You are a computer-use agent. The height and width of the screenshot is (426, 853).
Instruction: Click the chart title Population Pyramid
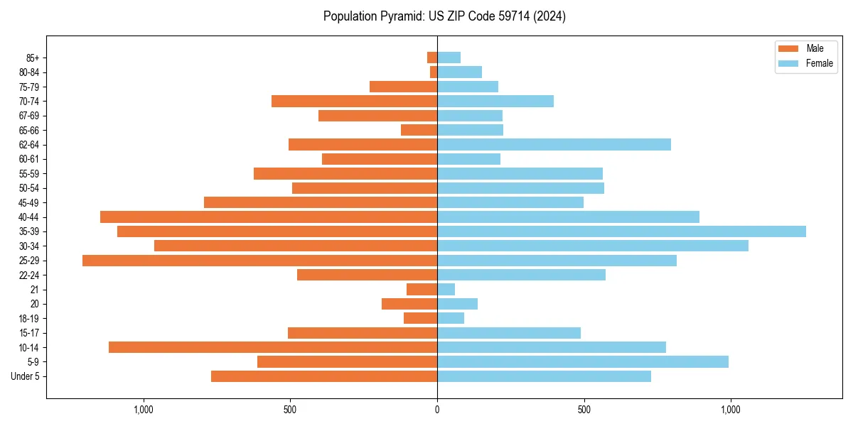(x=444, y=16)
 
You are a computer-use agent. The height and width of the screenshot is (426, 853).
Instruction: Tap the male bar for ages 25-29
(x=259, y=261)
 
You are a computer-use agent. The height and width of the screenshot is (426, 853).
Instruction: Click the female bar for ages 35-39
(x=621, y=231)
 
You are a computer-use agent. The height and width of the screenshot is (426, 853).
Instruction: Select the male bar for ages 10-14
(x=273, y=347)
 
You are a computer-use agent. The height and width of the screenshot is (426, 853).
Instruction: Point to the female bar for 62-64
(x=554, y=145)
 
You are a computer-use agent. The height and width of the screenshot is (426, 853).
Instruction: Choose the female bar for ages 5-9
(x=583, y=362)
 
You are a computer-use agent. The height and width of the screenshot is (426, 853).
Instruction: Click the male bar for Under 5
(x=324, y=376)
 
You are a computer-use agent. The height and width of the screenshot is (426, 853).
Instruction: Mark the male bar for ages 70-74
(x=354, y=102)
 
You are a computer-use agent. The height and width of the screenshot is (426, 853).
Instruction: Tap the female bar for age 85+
(x=449, y=58)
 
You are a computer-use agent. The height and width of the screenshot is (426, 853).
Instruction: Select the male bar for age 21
(x=422, y=290)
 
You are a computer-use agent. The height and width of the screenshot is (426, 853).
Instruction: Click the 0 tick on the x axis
(x=437, y=410)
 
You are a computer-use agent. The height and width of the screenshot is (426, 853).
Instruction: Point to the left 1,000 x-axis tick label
(x=144, y=410)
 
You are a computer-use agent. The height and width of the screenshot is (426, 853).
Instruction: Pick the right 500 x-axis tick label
(x=584, y=410)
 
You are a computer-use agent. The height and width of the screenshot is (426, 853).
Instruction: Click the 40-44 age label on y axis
(x=29, y=217)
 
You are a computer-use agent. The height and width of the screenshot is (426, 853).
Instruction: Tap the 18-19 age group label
(x=29, y=319)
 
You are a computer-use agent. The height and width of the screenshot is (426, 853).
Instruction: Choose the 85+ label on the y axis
(x=33, y=58)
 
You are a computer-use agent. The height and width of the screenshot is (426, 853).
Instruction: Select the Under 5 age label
(x=26, y=376)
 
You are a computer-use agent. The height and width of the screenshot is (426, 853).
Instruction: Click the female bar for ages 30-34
(x=593, y=246)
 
